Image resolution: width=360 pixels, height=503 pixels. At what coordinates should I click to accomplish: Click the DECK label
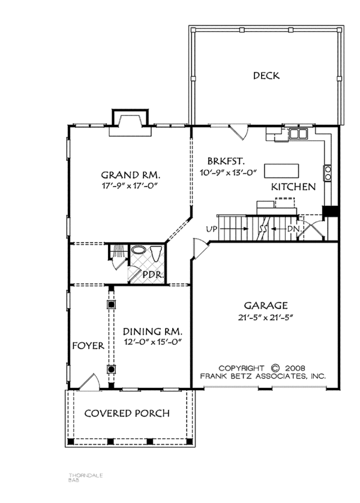[266, 76]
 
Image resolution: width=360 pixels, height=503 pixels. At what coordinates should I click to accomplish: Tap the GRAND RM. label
[131, 175]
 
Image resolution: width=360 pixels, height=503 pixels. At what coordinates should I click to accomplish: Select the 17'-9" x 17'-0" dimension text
[131, 186]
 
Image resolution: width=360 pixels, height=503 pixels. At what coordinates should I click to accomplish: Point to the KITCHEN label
[293, 187]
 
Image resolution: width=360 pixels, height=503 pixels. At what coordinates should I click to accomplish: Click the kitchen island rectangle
[282, 168]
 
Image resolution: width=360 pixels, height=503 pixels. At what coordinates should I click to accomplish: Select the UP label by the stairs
[211, 229]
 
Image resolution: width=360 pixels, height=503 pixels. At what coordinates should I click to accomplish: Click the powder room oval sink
[139, 252]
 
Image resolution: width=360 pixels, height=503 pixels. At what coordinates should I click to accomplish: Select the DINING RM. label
[152, 331]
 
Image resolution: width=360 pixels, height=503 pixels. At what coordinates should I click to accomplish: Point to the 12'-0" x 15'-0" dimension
[152, 342]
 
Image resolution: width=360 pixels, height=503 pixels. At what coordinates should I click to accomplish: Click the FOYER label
[88, 346]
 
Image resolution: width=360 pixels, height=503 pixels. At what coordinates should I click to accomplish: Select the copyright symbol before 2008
[275, 368]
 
